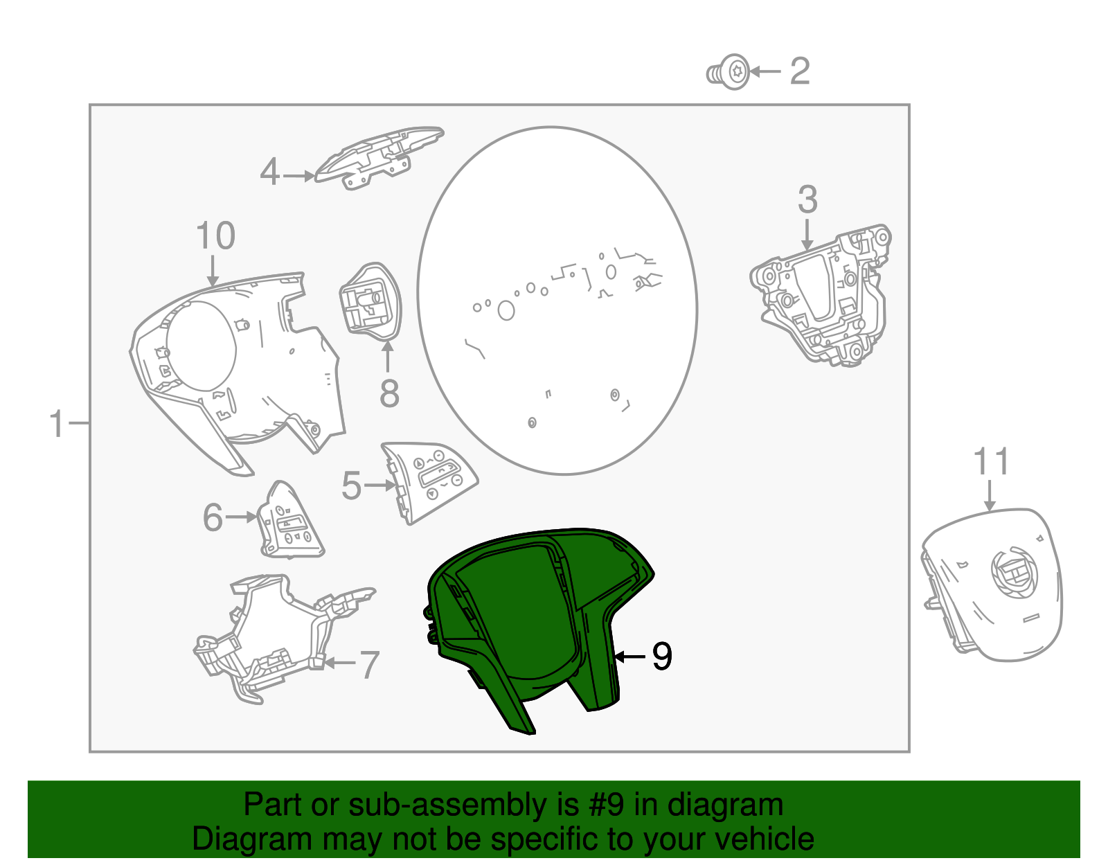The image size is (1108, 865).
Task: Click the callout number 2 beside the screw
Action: pyautogui.click(x=800, y=71)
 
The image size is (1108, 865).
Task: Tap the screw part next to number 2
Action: pyautogui.click(x=728, y=72)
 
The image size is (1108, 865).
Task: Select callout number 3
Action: pyautogui.click(x=807, y=200)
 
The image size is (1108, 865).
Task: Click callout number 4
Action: pyautogui.click(x=270, y=172)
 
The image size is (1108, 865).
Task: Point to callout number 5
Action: pyautogui.click(x=351, y=485)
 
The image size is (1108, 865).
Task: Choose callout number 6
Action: pyautogui.click(x=213, y=517)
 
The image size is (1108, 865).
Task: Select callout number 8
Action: pyautogui.click(x=389, y=393)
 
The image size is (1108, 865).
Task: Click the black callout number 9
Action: pyautogui.click(x=662, y=657)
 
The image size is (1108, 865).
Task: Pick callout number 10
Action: pyautogui.click(x=215, y=235)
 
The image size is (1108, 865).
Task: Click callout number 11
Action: pyautogui.click(x=990, y=462)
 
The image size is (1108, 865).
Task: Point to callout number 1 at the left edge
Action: pyautogui.click(x=57, y=424)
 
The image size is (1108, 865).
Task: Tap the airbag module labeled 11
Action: pyautogui.click(x=992, y=585)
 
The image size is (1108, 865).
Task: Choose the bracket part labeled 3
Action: pyautogui.click(x=821, y=296)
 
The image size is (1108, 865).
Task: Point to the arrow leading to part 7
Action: pyautogui.click(x=339, y=663)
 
